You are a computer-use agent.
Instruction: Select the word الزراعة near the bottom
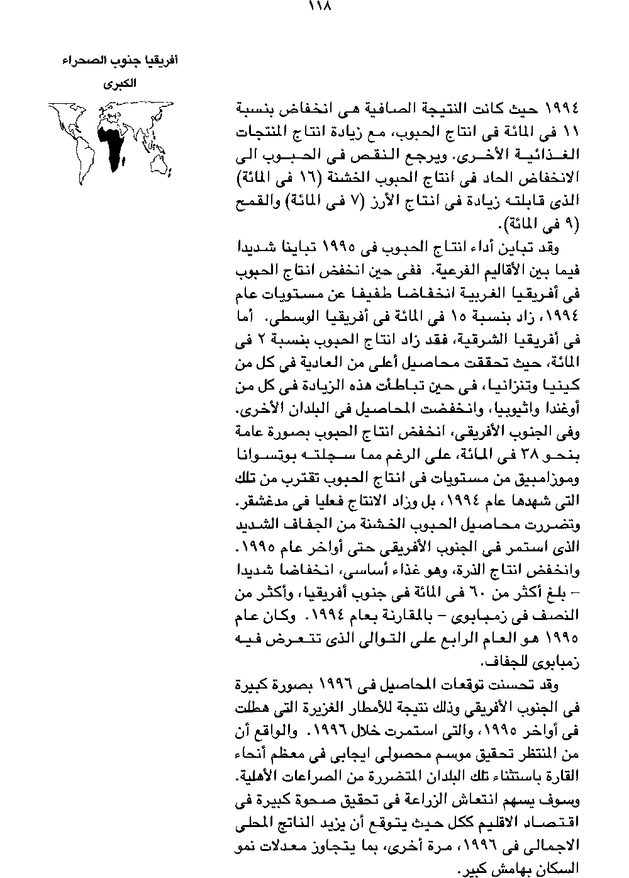point(418,797)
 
